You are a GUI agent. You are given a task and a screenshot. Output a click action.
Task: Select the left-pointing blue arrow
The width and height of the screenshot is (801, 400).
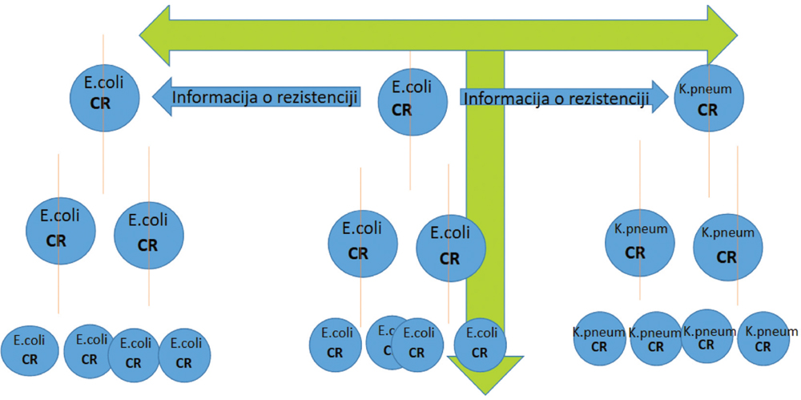(256, 97)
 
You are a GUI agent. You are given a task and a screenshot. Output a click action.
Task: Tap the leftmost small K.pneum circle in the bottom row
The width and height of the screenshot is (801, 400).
(598, 340)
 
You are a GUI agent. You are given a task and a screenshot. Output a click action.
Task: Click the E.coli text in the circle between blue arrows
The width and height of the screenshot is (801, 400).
(413, 87)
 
